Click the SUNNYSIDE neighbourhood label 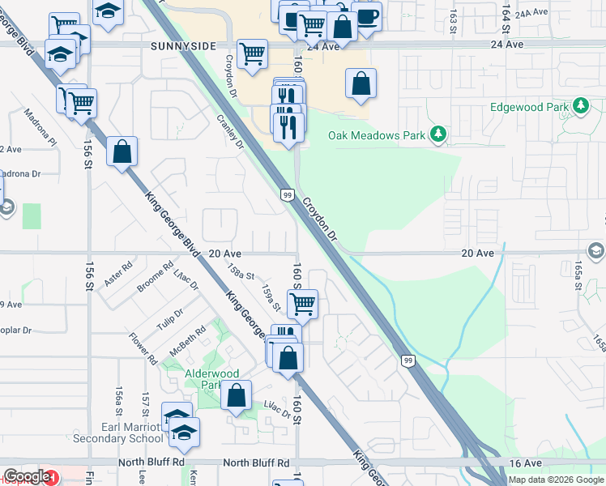tap(182, 47)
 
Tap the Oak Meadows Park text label tap(376, 135)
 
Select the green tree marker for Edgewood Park tap(580, 106)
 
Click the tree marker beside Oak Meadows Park tap(438, 134)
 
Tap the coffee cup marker tap(366, 16)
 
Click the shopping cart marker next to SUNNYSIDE tap(253, 53)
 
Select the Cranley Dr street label tap(230, 130)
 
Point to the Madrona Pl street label tap(41, 127)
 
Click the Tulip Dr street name tap(170, 318)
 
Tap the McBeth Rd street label tap(188, 346)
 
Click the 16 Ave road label tap(526, 463)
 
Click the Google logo tap(28, 476)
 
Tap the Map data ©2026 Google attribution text tap(556, 480)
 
